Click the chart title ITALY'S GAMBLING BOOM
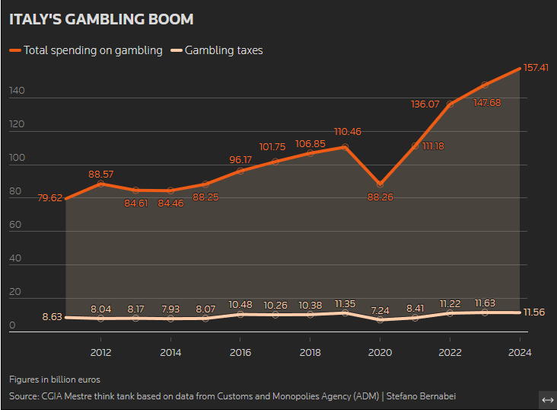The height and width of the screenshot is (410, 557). (101, 19)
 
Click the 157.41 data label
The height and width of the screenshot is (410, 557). (536, 68)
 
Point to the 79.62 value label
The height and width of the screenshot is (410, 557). (49, 197)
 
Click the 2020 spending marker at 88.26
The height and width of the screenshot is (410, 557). (380, 184)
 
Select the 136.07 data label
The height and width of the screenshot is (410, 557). (425, 104)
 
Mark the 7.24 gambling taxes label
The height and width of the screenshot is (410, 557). (380, 310)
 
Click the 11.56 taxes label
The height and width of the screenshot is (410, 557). (536, 312)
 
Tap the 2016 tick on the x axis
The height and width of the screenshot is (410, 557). (240, 352)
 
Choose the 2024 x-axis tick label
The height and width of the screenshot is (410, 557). (520, 352)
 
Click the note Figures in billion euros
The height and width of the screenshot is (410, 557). (55, 379)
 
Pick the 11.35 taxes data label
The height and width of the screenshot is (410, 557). (345, 304)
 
